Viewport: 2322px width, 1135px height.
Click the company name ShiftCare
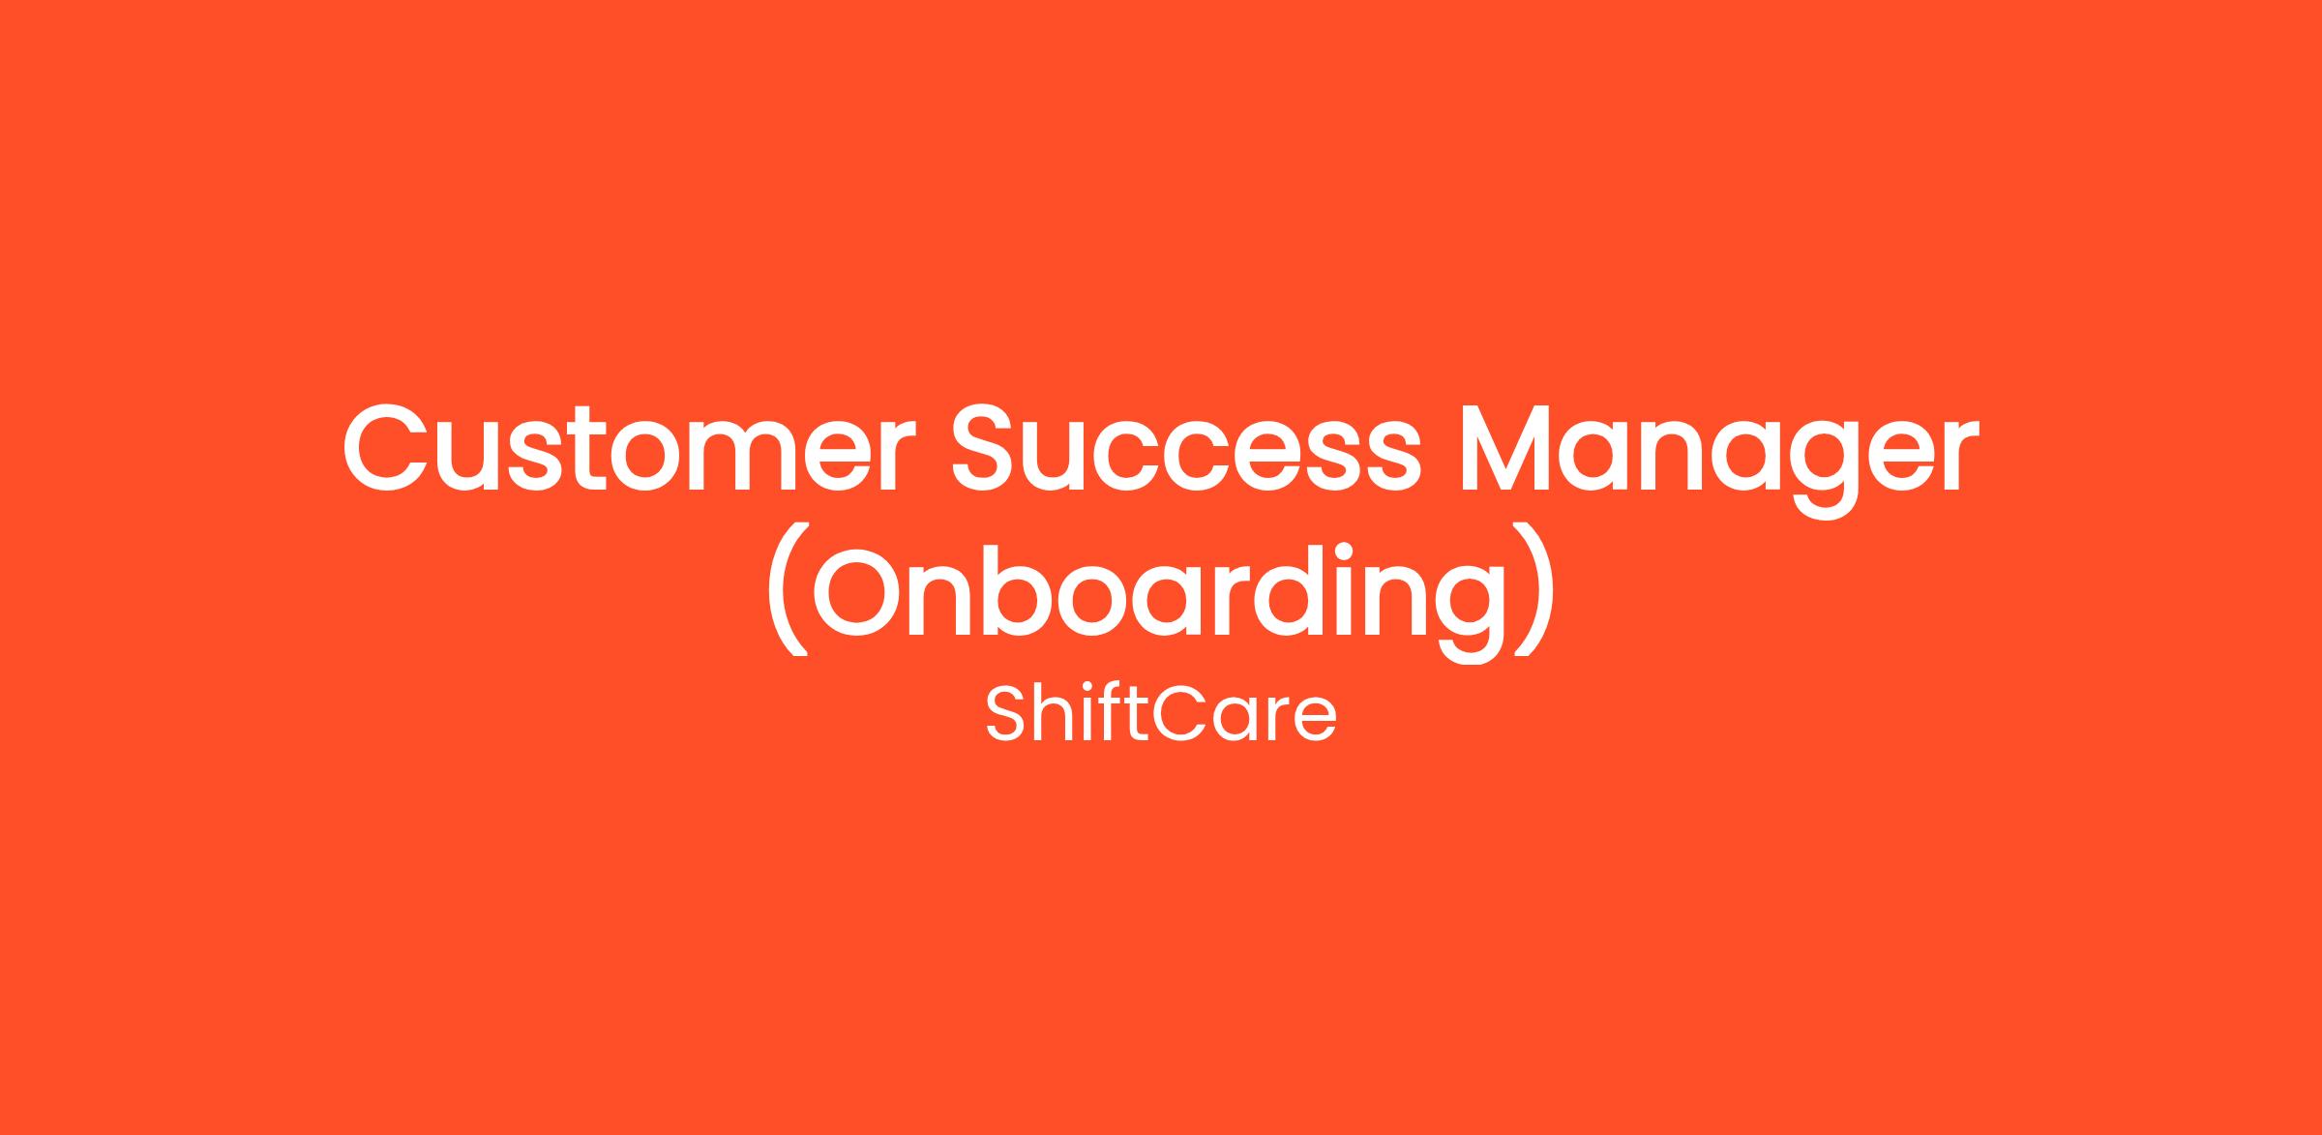coord(1161,715)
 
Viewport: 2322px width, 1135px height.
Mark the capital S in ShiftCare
coord(1004,715)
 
